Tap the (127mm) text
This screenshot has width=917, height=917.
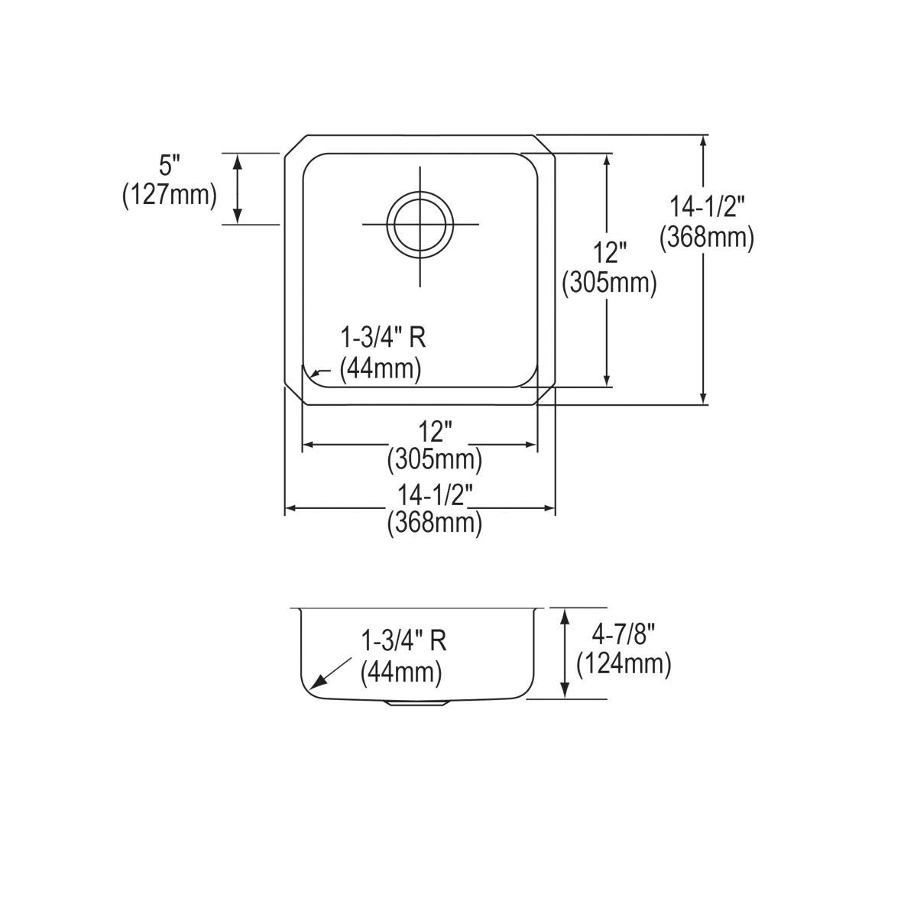pyautogui.click(x=170, y=195)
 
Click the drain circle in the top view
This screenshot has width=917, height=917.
pyautogui.click(x=420, y=224)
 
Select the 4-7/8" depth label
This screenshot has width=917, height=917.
pyautogui.click(x=624, y=633)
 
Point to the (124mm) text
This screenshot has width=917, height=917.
pyautogui.click(x=624, y=663)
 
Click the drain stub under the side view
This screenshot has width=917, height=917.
pyautogui.click(x=416, y=703)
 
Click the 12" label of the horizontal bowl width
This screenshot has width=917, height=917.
pyautogui.click(x=435, y=433)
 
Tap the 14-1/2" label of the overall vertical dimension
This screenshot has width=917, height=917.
pyautogui.click(x=707, y=207)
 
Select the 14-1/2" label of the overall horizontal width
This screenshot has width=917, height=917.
pyautogui.click(x=435, y=495)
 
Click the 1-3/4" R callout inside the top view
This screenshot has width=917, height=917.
pyautogui.click(x=382, y=338)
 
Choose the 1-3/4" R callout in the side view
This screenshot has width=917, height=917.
pyautogui.click(x=403, y=640)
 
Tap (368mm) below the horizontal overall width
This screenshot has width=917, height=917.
pyautogui.click(x=435, y=523)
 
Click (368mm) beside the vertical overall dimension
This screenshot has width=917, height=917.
pyautogui.click(x=707, y=238)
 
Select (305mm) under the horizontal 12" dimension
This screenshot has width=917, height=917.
pyautogui.click(x=435, y=459)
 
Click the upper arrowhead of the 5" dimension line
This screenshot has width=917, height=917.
pyautogui.click(x=238, y=159)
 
